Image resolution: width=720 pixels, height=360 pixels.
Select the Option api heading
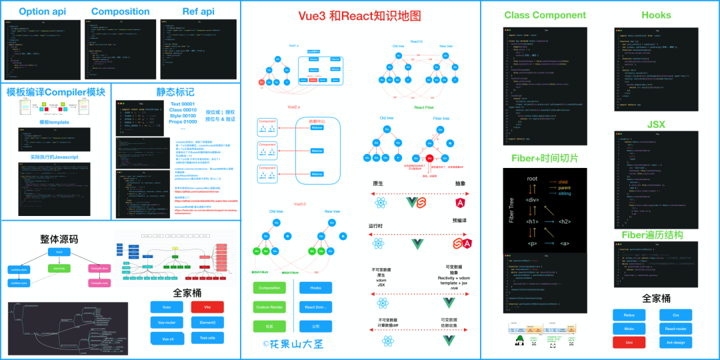(x=41, y=11)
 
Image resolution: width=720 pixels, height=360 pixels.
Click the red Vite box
(x=208, y=307)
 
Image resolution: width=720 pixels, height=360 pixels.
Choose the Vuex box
(x=167, y=307)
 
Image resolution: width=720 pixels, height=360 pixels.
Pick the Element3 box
(x=208, y=322)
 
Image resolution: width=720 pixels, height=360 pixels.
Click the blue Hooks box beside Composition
(x=315, y=288)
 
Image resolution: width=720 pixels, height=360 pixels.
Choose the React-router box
(x=675, y=328)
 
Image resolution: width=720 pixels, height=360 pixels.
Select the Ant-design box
(x=675, y=342)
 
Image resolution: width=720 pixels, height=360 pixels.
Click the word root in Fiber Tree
(x=532, y=179)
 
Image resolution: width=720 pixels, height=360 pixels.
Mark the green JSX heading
(x=655, y=125)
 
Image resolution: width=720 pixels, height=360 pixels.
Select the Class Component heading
(x=543, y=15)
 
